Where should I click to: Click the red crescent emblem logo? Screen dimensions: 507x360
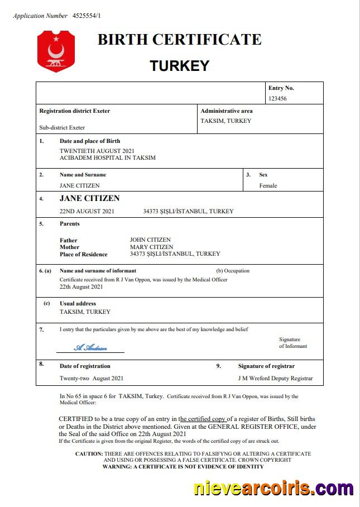[x=56, y=51]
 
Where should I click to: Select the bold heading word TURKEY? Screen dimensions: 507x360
[x=179, y=66]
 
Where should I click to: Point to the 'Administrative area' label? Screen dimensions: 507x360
[x=227, y=111]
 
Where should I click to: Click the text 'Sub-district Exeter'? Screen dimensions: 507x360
[x=62, y=127]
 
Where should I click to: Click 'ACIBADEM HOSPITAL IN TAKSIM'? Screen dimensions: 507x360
[x=108, y=158]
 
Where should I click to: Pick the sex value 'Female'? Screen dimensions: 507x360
[x=268, y=185]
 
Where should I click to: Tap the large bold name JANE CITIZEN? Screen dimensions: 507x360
[x=89, y=198]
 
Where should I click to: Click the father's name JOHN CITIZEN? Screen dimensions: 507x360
[x=150, y=240]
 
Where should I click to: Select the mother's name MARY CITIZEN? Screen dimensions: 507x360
[x=151, y=247]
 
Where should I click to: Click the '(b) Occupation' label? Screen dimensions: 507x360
[x=233, y=271]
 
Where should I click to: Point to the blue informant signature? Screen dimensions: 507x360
[x=90, y=347]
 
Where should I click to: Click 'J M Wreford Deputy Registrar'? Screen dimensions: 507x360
[x=275, y=378]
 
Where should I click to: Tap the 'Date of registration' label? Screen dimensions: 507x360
[x=85, y=366]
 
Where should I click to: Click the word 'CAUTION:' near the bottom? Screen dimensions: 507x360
[x=89, y=454]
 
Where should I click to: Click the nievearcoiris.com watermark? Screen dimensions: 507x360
[x=273, y=489]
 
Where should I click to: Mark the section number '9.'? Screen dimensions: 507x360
[x=219, y=366]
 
